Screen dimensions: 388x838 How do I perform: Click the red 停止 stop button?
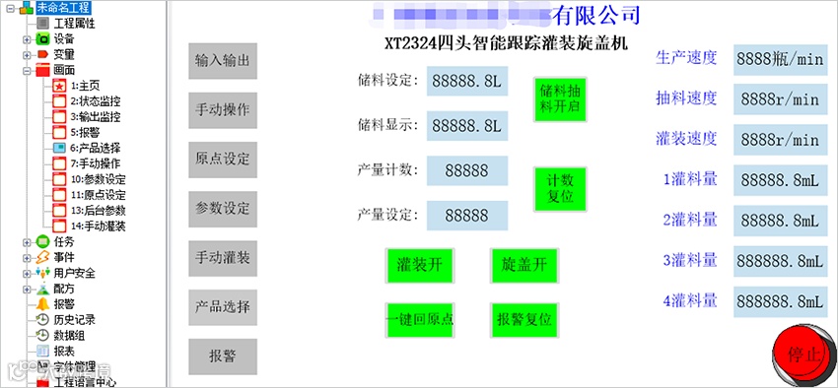click(x=803, y=354)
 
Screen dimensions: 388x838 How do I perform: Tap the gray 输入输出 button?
click(x=223, y=60)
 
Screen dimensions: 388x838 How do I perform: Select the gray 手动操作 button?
click(x=223, y=109)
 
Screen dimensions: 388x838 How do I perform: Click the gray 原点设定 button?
click(x=223, y=159)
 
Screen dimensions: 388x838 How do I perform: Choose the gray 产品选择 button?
click(x=223, y=306)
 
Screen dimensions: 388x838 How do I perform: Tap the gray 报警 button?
click(x=223, y=356)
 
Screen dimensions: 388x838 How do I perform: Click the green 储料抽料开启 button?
click(x=559, y=97)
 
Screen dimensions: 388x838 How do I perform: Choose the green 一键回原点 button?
click(x=420, y=319)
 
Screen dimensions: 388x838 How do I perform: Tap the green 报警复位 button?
click(x=524, y=319)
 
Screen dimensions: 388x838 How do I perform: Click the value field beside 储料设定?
click(x=467, y=81)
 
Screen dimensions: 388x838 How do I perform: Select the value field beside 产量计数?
click(x=467, y=170)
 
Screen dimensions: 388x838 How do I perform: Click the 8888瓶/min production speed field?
click(x=779, y=58)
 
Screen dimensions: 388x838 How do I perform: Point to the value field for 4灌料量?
click(x=779, y=300)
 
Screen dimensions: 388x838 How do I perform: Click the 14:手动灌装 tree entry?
click(x=98, y=226)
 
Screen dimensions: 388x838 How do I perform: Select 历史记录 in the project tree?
click(x=74, y=319)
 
